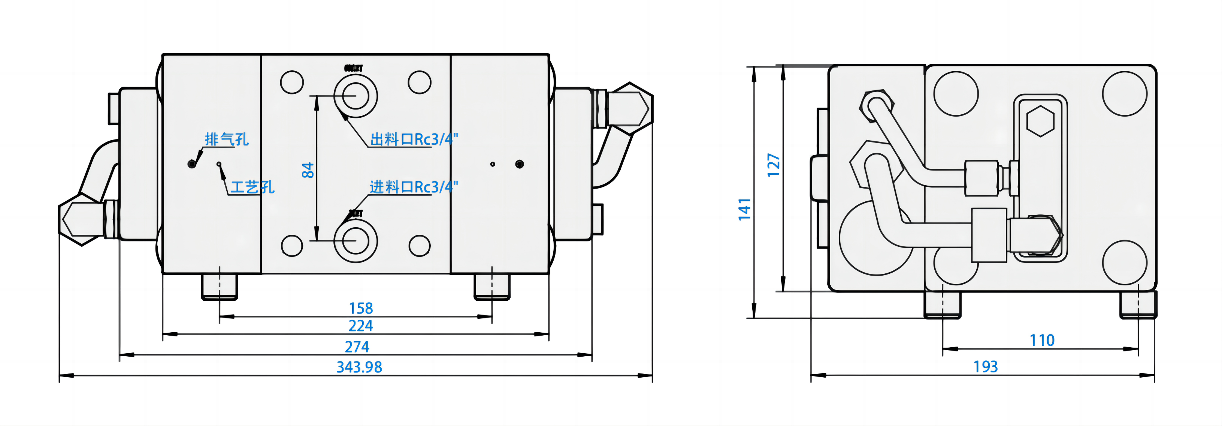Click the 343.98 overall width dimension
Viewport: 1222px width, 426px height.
click(x=359, y=367)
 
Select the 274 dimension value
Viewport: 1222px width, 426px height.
click(x=357, y=347)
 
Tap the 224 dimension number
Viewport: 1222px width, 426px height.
click(x=360, y=326)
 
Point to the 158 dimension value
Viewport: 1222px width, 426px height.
click(x=360, y=308)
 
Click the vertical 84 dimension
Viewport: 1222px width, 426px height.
click(x=308, y=169)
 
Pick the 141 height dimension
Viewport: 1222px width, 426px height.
click(x=744, y=209)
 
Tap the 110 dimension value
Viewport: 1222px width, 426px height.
click(x=1042, y=340)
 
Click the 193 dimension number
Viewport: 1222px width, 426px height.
click(x=985, y=367)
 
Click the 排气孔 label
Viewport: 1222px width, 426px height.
click(x=226, y=139)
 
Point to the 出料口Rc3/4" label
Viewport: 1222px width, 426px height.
click(x=414, y=139)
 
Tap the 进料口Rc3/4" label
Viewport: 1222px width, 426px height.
click(x=414, y=187)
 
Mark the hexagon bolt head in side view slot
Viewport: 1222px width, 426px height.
click(x=1040, y=121)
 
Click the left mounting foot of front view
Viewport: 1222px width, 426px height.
click(x=219, y=287)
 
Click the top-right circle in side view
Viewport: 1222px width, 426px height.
click(x=1124, y=93)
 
